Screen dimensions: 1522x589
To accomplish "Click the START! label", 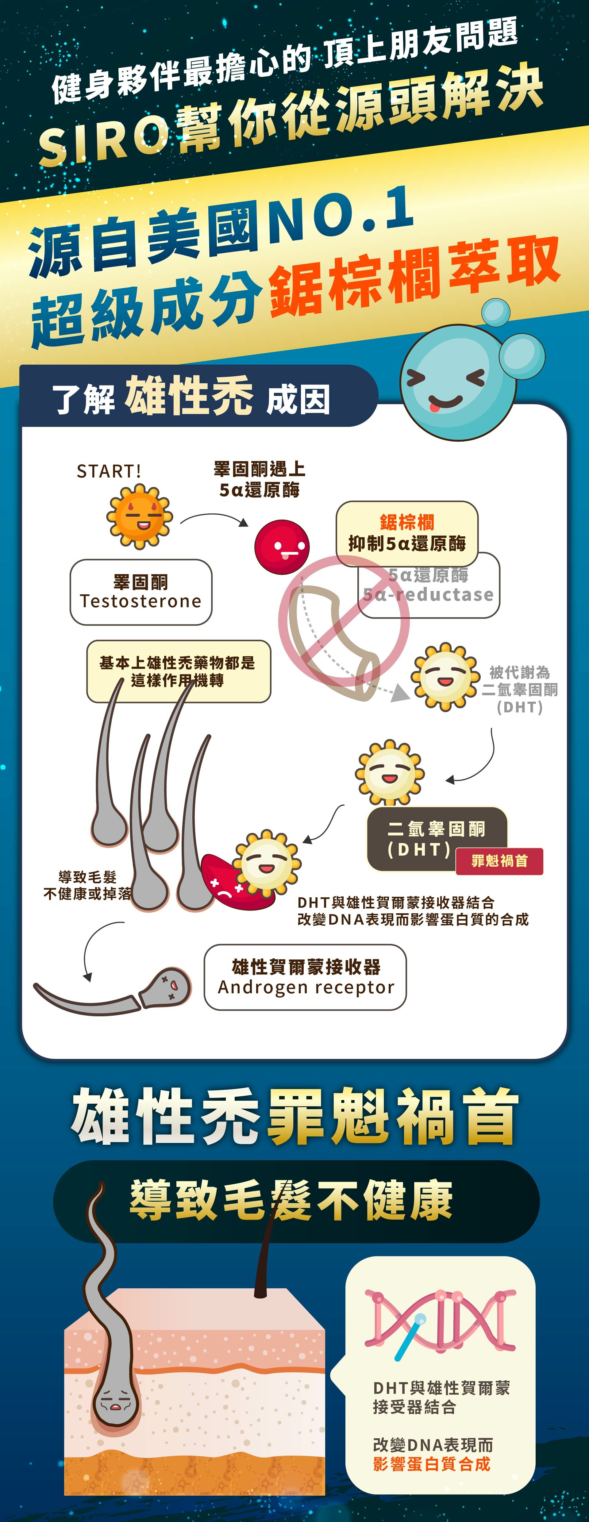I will (109, 471).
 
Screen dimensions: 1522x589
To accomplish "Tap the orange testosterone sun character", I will (139, 516).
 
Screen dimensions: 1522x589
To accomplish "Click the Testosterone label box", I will (141, 592).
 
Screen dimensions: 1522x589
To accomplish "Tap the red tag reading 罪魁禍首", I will (499, 861).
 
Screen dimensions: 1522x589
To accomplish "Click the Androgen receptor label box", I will (306, 977).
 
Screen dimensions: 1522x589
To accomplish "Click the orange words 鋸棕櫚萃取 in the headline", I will (414, 278).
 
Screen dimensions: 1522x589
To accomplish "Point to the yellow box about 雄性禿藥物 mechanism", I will (179, 671).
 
